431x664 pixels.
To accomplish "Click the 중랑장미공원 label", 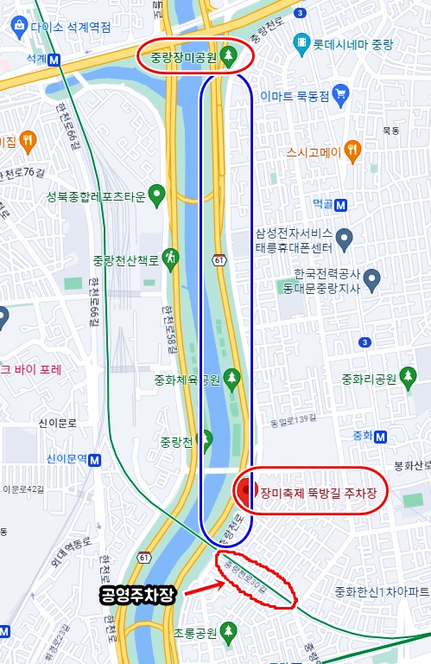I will click(x=180, y=58).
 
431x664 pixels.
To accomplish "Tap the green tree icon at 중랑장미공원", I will click(x=228, y=57).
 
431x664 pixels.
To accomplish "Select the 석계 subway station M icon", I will click(x=55, y=60).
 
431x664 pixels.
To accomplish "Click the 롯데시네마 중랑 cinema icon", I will click(x=301, y=41).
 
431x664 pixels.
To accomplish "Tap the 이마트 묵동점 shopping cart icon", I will click(x=341, y=93).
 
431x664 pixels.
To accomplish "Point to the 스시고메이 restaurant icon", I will click(x=352, y=152).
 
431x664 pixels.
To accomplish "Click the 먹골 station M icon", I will click(x=341, y=205).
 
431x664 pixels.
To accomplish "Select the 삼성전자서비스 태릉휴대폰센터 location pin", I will click(x=344, y=236).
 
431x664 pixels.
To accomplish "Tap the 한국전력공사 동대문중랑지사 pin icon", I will click(x=372, y=278).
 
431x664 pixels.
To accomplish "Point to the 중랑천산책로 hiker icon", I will click(x=171, y=257).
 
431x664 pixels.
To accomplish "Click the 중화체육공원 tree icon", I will click(x=231, y=377).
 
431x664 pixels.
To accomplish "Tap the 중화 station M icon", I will click(x=377, y=434).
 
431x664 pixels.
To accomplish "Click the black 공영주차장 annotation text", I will click(x=138, y=596).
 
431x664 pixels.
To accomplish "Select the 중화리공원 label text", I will click(x=368, y=379).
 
